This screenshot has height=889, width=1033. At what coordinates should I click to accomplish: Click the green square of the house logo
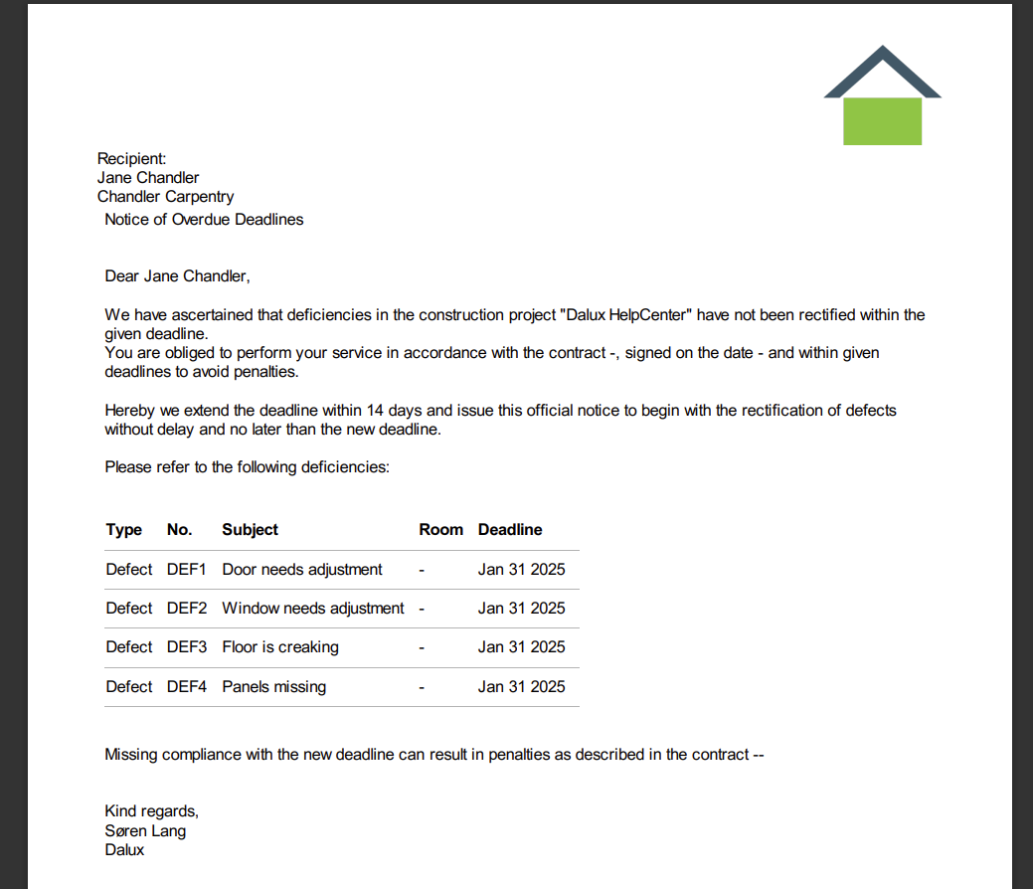(882, 121)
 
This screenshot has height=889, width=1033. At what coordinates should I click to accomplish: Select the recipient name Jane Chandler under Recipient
(148, 178)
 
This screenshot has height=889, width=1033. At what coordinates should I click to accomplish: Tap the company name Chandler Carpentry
(165, 197)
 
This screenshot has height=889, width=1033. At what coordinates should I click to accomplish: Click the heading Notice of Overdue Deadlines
(204, 219)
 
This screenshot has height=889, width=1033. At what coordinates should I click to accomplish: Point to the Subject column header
(250, 530)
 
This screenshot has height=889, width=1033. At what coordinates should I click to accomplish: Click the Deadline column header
(510, 530)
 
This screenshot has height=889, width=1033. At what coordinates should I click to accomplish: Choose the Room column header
(440, 530)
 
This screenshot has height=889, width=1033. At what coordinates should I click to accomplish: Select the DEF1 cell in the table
(187, 570)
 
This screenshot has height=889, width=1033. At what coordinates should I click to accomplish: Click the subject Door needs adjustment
(302, 570)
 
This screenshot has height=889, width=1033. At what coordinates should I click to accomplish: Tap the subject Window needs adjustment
(313, 609)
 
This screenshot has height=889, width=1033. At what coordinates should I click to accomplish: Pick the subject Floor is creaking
(280, 647)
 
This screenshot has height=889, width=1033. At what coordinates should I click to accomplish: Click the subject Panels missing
(273, 687)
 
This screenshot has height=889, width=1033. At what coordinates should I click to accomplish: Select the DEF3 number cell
(187, 647)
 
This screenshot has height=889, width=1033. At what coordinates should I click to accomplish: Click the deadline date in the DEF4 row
(521, 687)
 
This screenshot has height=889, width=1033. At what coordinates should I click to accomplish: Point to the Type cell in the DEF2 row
(129, 609)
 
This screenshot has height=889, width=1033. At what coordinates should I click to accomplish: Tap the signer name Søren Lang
(145, 831)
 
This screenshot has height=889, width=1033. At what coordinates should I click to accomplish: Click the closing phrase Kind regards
(151, 811)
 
